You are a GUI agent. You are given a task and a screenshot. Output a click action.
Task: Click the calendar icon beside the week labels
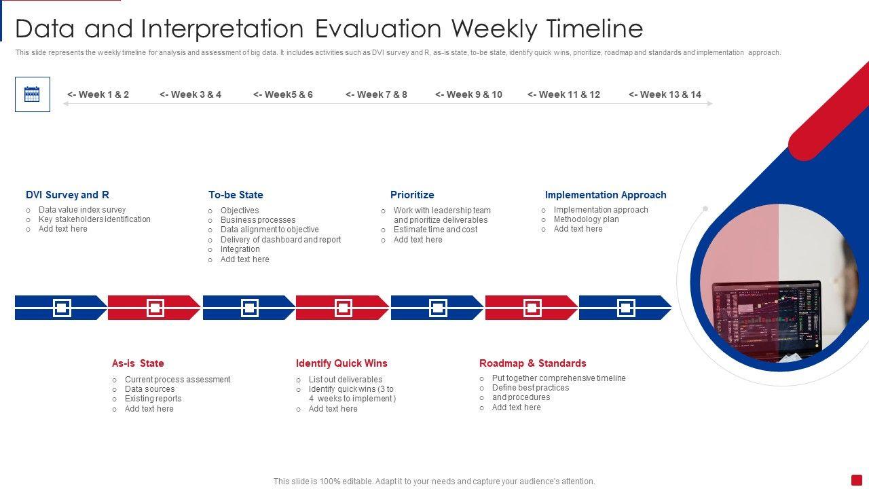[32, 94]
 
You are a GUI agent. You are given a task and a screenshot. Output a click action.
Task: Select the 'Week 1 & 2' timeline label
[98, 94]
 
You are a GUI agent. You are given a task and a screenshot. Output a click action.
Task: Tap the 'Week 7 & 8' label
[376, 94]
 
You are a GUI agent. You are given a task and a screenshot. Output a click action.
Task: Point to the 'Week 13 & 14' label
[665, 94]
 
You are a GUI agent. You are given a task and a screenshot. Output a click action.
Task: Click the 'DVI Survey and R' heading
[67, 194]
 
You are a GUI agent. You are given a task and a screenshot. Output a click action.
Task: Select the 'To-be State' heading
[236, 194]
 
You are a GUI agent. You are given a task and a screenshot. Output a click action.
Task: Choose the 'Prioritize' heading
[412, 194]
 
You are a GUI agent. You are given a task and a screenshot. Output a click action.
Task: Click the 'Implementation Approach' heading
[606, 194]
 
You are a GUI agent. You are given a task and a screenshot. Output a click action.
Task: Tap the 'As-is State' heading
[138, 363]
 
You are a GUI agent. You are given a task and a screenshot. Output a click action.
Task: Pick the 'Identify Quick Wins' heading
[341, 363]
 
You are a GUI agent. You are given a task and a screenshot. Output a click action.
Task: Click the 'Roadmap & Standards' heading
[533, 363]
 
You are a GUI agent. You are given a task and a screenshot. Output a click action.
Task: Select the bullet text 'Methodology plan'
[586, 219]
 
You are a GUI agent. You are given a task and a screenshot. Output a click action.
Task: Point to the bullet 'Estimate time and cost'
[435, 230]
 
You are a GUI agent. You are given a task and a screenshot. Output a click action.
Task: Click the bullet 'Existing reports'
[153, 399]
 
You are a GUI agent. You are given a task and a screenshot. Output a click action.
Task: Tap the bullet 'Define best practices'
[530, 388]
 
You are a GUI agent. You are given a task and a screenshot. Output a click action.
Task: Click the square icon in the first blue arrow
[62, 308]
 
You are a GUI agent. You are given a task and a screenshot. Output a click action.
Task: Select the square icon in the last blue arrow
[626, 308]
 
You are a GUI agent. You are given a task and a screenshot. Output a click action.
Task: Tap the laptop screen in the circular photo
[766, 319]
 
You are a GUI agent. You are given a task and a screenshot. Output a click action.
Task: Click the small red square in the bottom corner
[857, 479]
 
